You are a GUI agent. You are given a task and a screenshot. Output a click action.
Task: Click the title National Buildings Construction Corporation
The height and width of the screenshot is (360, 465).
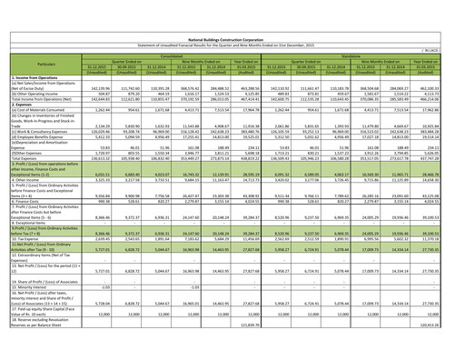point(232,5)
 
